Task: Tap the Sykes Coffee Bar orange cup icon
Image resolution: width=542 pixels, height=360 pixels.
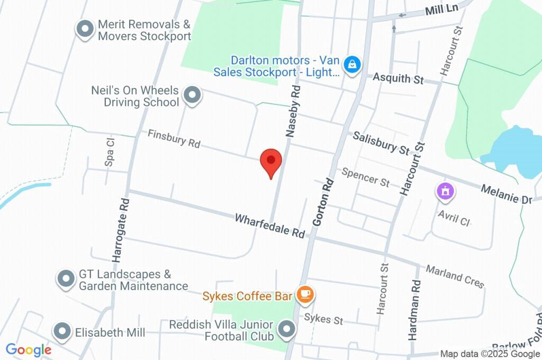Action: click(305, 295)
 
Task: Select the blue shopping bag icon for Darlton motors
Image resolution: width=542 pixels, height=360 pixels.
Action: click(351, 66)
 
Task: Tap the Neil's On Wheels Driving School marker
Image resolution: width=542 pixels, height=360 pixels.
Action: click(192, 95)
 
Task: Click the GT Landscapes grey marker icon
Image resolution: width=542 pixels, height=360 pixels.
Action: click(66, 278)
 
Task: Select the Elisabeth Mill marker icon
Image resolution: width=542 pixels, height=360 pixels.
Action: click(62, 332)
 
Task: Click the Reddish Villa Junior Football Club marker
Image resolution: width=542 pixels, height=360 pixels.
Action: click(287, 330)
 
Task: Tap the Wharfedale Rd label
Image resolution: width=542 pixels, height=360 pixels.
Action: click(270, 226)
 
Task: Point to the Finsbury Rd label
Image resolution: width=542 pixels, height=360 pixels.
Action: click(174, 139)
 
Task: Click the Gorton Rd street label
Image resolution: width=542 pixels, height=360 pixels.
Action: click(323, 202)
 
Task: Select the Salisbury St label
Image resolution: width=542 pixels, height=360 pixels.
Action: click(381, 143)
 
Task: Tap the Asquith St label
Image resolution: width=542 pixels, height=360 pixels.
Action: click(398, 78)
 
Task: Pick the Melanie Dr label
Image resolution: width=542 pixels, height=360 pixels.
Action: click(505, 194)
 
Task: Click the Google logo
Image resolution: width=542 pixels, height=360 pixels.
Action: click(29, 350)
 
